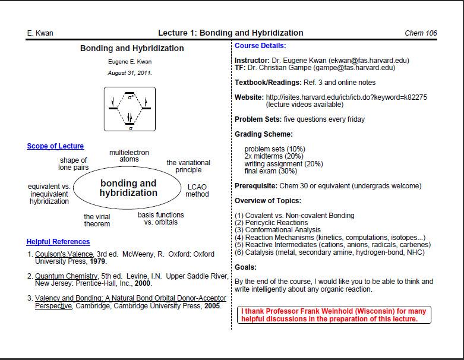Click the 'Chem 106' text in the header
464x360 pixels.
421,33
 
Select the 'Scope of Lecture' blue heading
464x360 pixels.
55,146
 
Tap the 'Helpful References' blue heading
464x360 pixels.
58,242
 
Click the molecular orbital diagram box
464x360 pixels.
130,109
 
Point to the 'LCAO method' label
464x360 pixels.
197,190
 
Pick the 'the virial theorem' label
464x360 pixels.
97,220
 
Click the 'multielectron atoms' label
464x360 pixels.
129,156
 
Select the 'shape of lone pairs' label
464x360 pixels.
73,165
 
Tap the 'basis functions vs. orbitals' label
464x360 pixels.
161,219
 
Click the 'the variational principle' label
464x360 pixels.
188,166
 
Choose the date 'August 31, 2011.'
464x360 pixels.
130,73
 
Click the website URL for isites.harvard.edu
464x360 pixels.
346,97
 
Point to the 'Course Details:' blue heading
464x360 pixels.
260,46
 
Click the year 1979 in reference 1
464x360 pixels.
98,261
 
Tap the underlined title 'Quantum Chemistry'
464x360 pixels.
65,276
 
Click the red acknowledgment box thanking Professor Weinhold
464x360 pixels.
335,315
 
